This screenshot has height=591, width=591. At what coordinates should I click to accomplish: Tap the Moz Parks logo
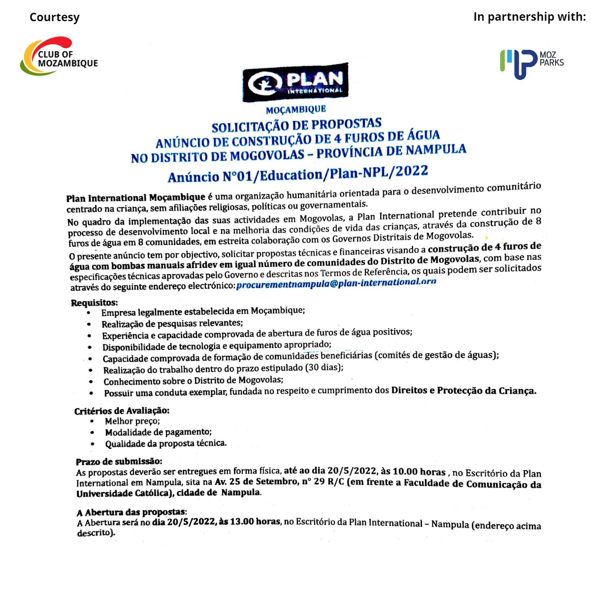click(531, 63)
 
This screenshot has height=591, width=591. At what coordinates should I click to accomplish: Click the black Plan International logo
click(295, 82)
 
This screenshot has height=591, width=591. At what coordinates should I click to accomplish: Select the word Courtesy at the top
click(54, 17)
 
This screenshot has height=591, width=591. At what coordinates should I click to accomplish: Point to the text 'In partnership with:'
click(529, 17)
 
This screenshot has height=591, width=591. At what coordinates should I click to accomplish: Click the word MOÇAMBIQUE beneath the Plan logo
click(296, 109)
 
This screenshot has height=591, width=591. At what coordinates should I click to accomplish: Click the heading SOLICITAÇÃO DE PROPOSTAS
click(296, 126)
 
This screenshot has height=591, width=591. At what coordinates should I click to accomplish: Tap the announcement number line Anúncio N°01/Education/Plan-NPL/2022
click(298, 174)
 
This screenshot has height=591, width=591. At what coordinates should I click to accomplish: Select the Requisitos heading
click(94, 302)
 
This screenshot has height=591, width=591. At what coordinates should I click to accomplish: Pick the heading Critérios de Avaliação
click(122, 411)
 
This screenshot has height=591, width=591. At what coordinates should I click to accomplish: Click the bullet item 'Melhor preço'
click(132, 421)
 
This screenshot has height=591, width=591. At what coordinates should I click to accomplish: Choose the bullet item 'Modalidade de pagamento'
click(158, 432)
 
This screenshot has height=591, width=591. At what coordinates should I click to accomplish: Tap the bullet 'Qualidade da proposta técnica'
click(165, 444)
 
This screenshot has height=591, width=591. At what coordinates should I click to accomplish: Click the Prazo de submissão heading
click(119, 461)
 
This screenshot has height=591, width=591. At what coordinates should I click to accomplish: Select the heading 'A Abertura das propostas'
click(131, 512)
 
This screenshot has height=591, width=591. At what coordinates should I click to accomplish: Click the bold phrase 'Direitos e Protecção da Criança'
click(463, 390)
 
